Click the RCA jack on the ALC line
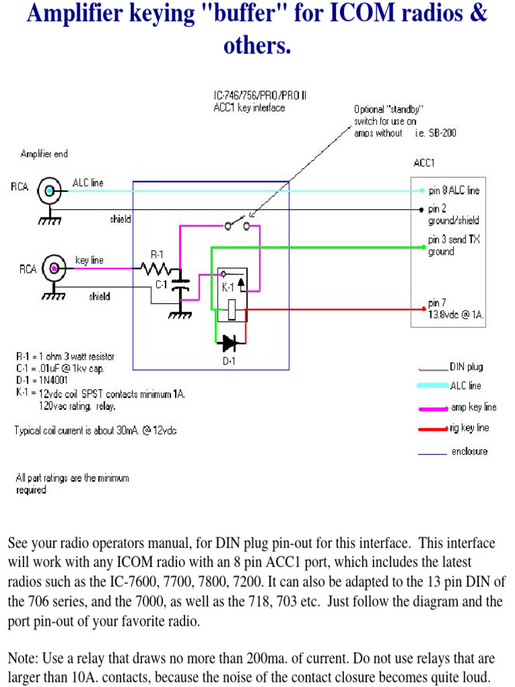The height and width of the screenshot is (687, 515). pyautogui.click(x=49, y=192)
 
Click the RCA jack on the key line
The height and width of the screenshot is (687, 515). pyautogui.click(x=53, y=269)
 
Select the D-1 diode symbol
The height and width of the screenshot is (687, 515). pyautogui.click(x=230, y=343)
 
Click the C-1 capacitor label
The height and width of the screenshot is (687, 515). pyautogui.click(x=161, y=284)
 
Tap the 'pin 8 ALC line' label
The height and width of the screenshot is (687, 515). pyautogui.click(x=454, y=191)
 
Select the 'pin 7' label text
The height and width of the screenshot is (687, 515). pyautogui.click(x=437, y=303)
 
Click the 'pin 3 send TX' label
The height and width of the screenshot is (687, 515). pyautogui.click(x=454, y=240)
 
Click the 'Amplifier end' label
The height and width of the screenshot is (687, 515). pyautogui.click(x=44, y=154)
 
